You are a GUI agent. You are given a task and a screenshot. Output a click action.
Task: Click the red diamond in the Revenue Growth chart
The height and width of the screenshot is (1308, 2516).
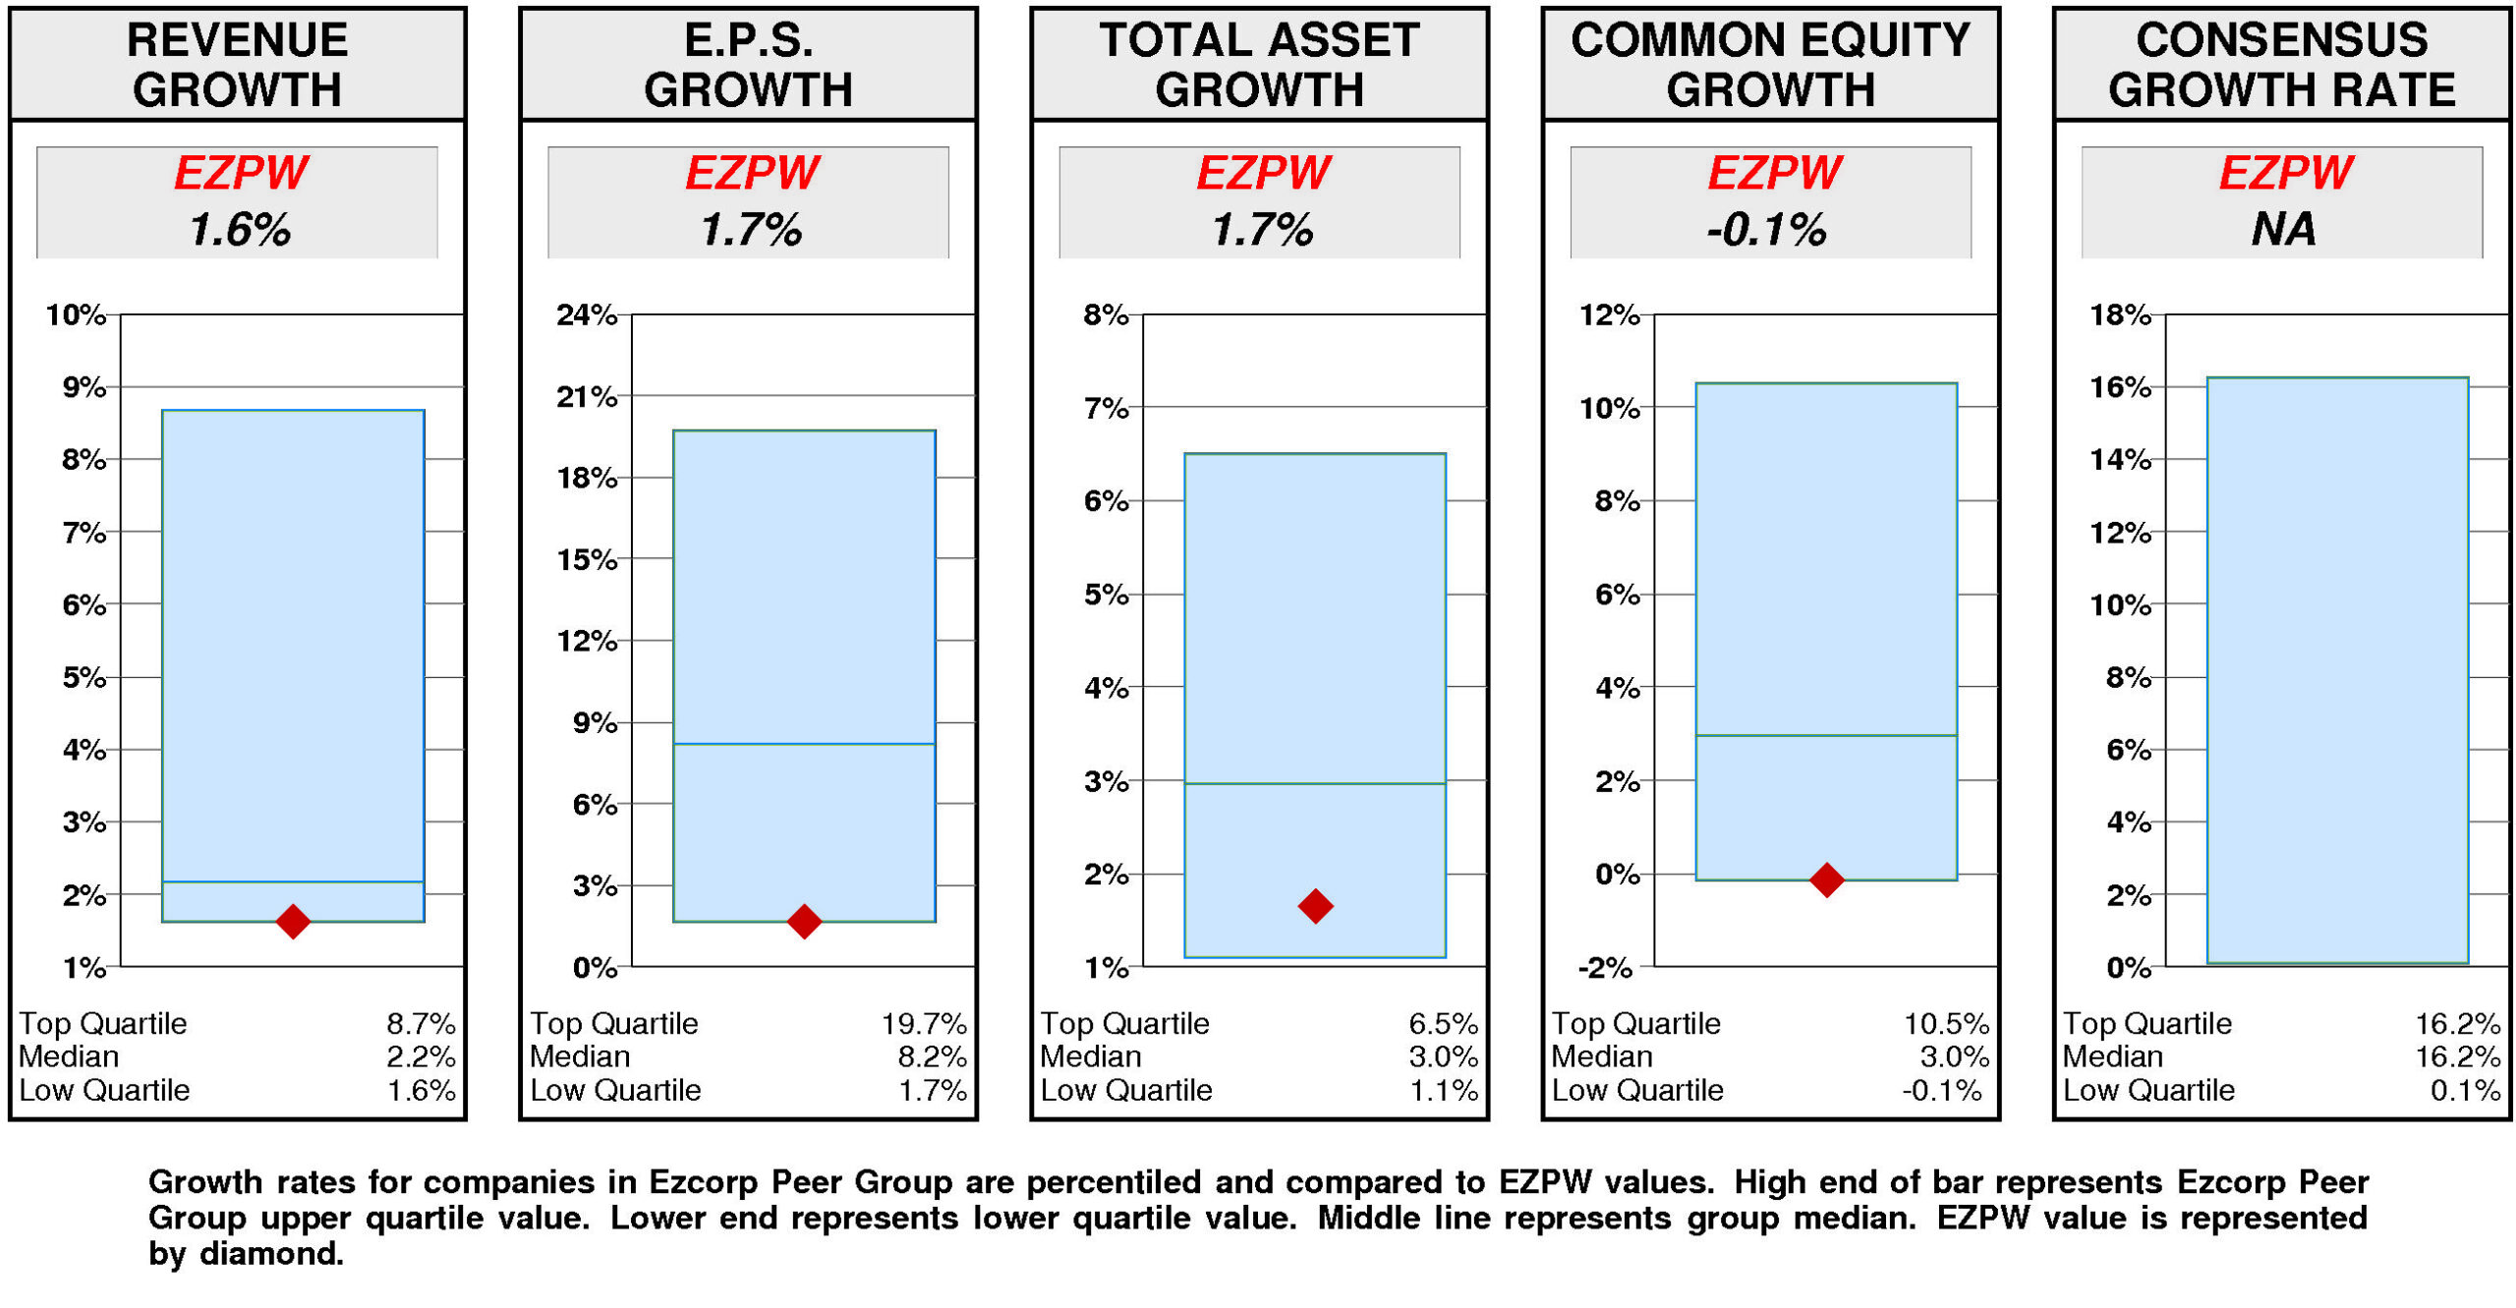[293, 922]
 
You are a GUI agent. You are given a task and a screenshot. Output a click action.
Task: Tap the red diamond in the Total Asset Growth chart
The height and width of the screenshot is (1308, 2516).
[1315, 906]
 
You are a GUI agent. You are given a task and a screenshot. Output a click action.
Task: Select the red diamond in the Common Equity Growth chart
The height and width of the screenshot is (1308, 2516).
[1826, 880]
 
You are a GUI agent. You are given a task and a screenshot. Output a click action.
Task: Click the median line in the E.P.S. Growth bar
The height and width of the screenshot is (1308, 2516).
[804, 744]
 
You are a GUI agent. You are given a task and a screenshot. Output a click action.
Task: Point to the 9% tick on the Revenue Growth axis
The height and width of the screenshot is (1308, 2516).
[86, 387]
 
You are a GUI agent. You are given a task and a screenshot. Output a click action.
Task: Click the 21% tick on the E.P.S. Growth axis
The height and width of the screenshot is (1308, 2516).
[587, 397]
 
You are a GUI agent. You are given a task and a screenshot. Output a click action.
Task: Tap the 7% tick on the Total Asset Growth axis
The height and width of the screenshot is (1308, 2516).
[1107, 408]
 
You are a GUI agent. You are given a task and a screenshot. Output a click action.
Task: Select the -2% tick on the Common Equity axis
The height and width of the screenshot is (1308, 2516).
[1605, 968]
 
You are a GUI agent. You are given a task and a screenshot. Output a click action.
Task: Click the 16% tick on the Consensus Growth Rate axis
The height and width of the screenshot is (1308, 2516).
[2120, 387]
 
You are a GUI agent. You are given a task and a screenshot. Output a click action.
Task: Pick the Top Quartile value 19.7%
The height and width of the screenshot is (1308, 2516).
[924, 1024]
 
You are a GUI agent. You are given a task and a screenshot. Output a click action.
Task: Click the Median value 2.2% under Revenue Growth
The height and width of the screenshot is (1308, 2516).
[421, 1057]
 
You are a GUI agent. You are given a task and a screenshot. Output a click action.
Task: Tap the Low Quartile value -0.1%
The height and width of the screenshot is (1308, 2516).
[1941, 1091]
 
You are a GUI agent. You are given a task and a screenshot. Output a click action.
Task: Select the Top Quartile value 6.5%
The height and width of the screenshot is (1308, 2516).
[1443, 1024]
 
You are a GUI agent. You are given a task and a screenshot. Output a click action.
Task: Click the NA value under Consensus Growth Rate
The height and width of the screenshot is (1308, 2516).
[2282, 230]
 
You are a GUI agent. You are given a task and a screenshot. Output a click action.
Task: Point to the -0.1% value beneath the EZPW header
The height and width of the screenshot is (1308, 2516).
[1766, 230]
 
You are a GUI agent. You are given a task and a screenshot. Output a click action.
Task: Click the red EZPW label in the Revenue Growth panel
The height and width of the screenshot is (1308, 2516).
[241, 174]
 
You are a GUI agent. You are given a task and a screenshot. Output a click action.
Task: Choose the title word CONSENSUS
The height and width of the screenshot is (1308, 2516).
[2281, 41]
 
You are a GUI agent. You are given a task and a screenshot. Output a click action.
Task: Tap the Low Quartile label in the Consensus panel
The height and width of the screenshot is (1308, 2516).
[2148, 1091]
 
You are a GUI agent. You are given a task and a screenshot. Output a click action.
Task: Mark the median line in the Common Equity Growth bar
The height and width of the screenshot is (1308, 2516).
[1826, 735]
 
